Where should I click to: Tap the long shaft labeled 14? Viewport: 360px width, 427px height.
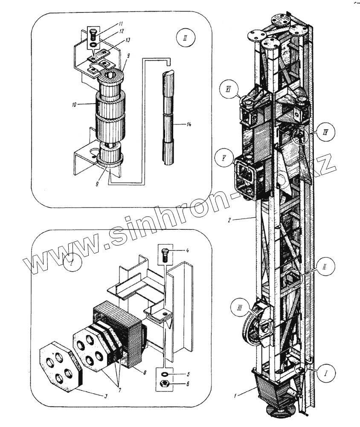coord(168,120)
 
